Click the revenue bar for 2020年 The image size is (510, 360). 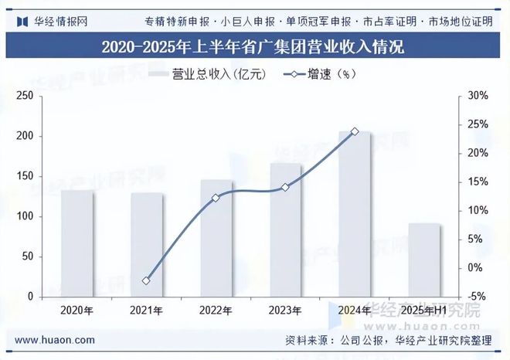pos(77,243)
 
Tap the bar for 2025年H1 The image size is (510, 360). pos(424,260)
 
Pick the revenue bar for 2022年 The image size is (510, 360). pos(216,239)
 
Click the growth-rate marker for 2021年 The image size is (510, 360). pos(147,280)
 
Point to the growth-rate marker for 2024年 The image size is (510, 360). pos(355,131)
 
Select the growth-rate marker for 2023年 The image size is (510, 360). pos(285,187)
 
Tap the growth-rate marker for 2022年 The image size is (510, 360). pos(216,198)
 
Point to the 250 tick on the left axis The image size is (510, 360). pos(25,96)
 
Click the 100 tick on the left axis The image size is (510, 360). pos(25,216)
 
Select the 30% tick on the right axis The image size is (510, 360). pos(478,96)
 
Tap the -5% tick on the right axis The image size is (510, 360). pos(478,297)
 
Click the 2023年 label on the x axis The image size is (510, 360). pos(285,311)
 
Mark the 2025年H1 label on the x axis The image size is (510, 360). pos(424,311)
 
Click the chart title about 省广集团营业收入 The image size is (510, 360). pos(254,46)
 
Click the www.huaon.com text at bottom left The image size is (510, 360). pos(56,340)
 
